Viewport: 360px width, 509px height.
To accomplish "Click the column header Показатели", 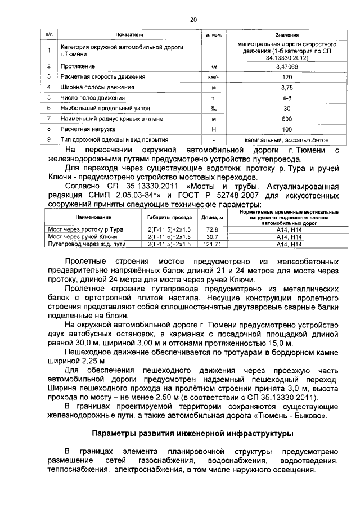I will tap(129, 34).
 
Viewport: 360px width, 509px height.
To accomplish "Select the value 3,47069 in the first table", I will tap(287, 66).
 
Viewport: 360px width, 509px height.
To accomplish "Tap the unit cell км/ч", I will tap(213, 77).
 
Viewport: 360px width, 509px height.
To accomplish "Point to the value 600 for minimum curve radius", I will tap(287, 119).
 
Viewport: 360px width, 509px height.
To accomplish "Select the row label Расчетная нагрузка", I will tap(88, 129).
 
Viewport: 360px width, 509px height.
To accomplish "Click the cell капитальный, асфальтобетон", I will tap(287, 140).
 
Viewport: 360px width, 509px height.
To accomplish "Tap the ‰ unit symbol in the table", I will tap(213, 109).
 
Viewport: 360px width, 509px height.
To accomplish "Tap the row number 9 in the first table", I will tap(49, 140).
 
